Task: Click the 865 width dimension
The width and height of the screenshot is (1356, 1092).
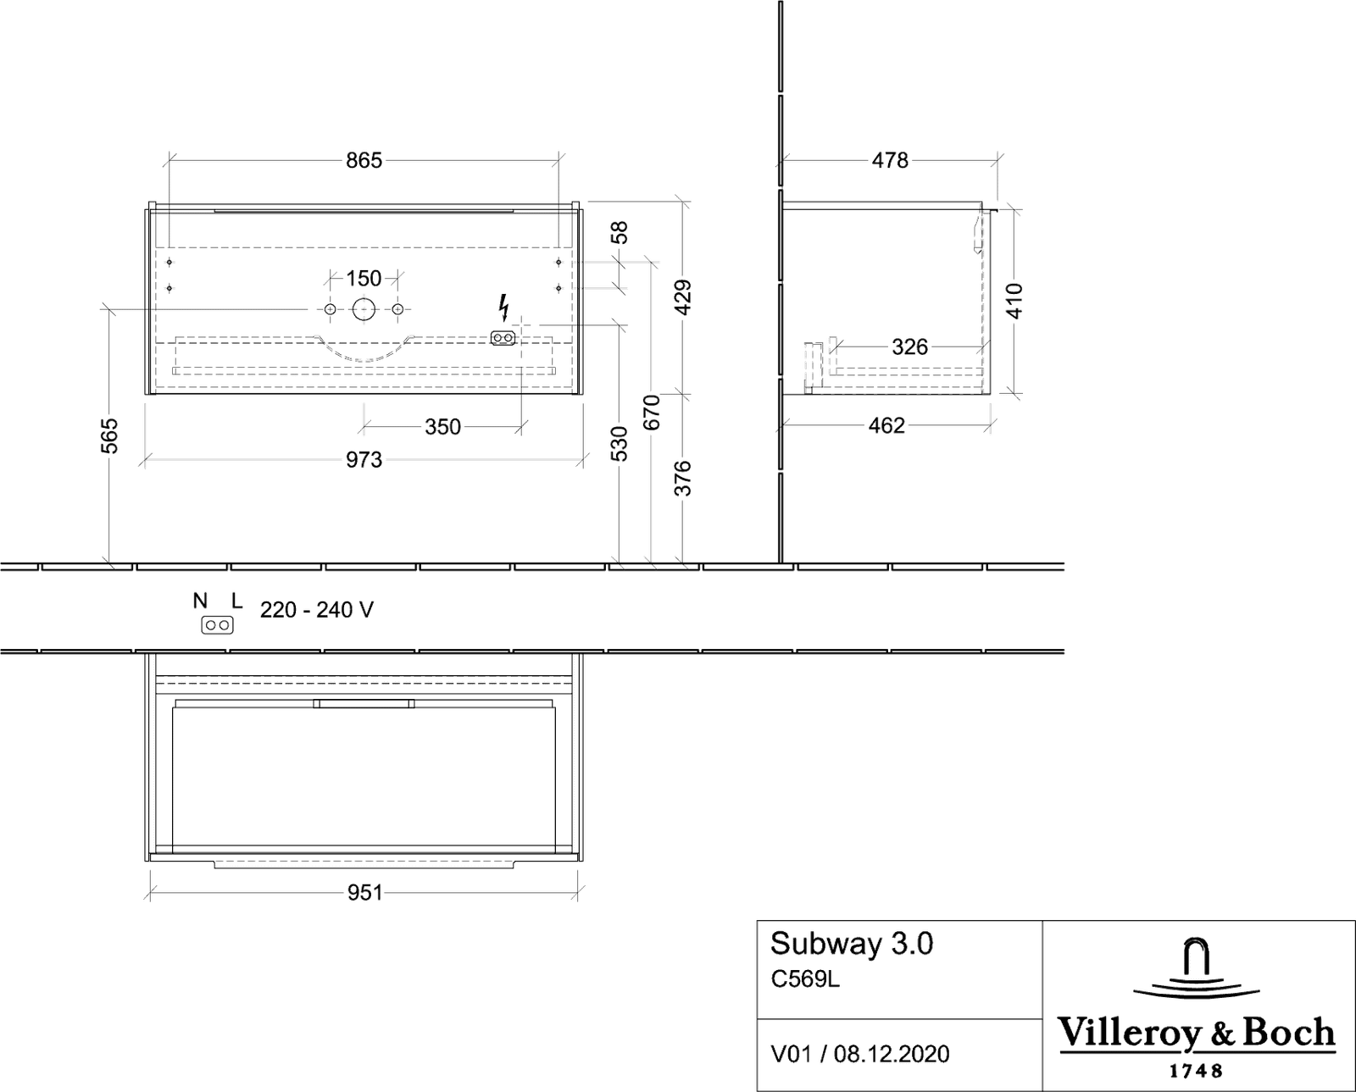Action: [364, 161]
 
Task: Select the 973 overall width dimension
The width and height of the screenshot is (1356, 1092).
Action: [364, 460]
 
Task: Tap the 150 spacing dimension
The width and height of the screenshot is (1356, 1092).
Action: [364, 278]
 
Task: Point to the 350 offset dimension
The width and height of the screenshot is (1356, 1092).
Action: [442, 427]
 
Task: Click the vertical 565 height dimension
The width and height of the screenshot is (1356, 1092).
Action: [109, 435]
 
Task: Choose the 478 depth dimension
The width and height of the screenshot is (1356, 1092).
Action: [890, 161]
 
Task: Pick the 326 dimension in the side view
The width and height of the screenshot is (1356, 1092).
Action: [910, 346]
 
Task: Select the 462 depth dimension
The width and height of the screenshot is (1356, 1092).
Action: [886, 426]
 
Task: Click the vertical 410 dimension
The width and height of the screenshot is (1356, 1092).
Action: [1015, 302]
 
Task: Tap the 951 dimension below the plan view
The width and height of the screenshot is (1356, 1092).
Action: [364, 893]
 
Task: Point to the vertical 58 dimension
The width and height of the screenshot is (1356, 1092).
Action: [620, 232]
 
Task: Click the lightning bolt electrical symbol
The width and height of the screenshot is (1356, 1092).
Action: [503, 308]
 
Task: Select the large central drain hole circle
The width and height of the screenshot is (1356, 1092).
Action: [364, 309]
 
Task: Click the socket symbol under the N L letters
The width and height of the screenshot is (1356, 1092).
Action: [218, 626]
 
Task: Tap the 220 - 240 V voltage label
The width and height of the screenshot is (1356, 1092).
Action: [317, 610]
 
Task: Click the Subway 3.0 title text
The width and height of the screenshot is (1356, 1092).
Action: [851, 944]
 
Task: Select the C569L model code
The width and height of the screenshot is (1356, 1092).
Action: [805, 979]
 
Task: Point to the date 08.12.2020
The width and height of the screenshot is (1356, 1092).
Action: [892, 1054]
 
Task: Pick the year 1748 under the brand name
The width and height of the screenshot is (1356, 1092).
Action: [1196, 1071]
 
